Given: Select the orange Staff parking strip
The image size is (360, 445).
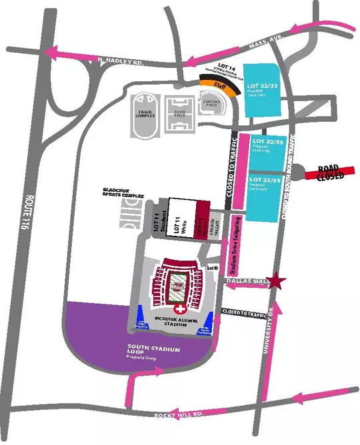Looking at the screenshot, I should [221, 86].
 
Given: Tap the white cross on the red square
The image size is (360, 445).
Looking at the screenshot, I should [179, 311].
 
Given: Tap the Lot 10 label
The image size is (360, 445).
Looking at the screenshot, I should [213, 268].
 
